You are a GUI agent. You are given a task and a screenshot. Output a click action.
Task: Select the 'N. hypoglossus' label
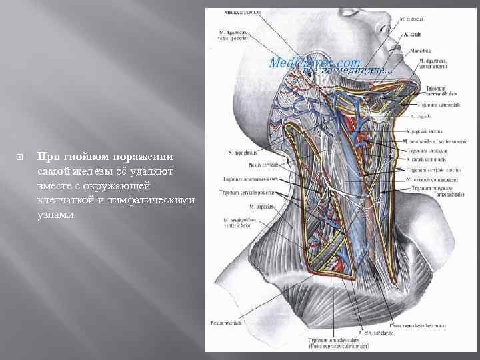tap(243, 152)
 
